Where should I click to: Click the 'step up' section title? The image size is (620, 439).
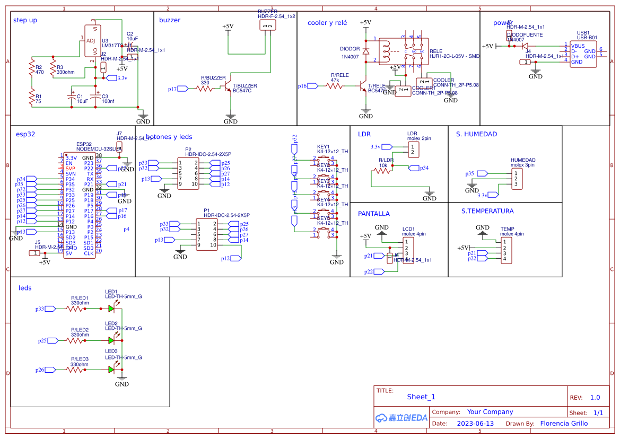(x=25, y=20)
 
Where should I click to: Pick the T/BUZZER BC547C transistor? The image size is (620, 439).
(x=228, y=84)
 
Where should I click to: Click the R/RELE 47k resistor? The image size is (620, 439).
(x=335, y=85)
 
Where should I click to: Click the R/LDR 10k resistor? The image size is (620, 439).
(x=382, y=170)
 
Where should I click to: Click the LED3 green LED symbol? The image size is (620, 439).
(x=111, y=369)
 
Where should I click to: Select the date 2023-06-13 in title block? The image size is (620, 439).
(x=475, y=424)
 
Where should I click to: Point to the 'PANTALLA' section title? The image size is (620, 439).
(x=373, y=214)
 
